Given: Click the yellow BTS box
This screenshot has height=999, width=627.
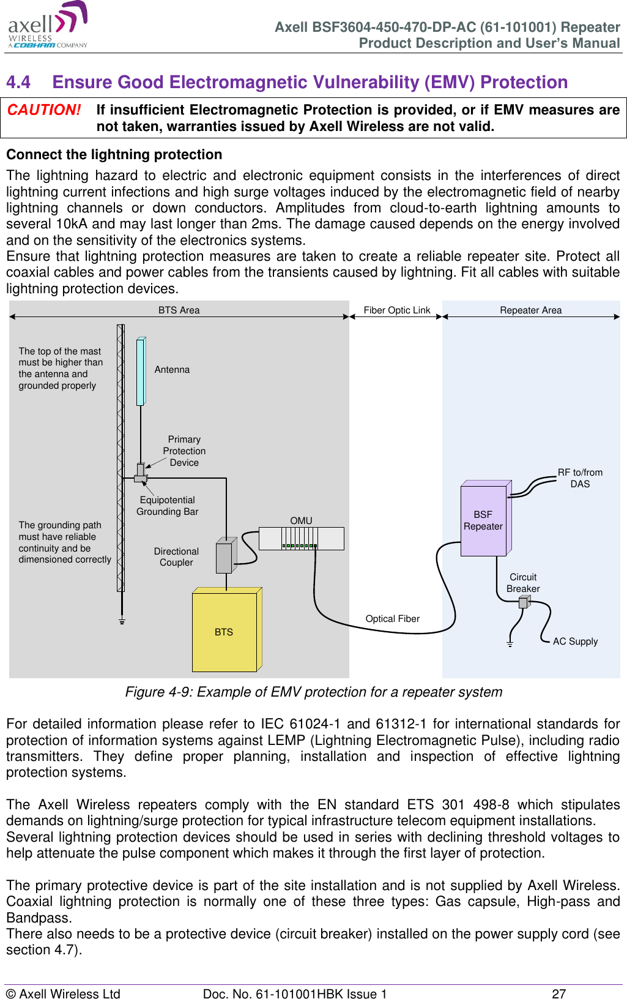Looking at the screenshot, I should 224,632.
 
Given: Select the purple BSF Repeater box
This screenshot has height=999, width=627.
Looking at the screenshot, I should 483,520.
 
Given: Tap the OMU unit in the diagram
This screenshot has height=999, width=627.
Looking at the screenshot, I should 301,538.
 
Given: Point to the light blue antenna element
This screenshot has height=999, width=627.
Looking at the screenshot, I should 140,372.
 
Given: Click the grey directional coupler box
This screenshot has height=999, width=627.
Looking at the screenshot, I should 224,557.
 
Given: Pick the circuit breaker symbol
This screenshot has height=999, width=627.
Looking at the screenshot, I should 523,602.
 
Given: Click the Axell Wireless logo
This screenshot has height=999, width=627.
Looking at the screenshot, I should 48,26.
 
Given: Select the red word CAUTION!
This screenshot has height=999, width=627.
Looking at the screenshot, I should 44,110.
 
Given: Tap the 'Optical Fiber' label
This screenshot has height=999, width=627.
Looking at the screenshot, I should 392,619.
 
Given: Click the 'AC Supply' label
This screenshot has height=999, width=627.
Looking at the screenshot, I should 575,642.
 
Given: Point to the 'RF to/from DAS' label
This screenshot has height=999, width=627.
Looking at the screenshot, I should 580,478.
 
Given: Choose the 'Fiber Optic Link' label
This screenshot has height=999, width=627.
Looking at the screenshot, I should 397,310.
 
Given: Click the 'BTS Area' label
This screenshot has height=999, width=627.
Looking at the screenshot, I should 179,310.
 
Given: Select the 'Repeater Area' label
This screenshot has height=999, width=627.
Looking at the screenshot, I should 530,310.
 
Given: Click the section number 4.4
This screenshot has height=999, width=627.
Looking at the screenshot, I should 18,82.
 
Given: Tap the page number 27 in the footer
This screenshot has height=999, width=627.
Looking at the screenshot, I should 558,993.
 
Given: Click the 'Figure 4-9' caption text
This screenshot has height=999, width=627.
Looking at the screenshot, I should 313,692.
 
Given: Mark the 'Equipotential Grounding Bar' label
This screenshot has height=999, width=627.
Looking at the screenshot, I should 167,506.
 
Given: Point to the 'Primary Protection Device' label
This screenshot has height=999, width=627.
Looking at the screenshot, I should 184,451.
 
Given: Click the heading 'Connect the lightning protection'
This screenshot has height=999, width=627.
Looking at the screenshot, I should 114,155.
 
